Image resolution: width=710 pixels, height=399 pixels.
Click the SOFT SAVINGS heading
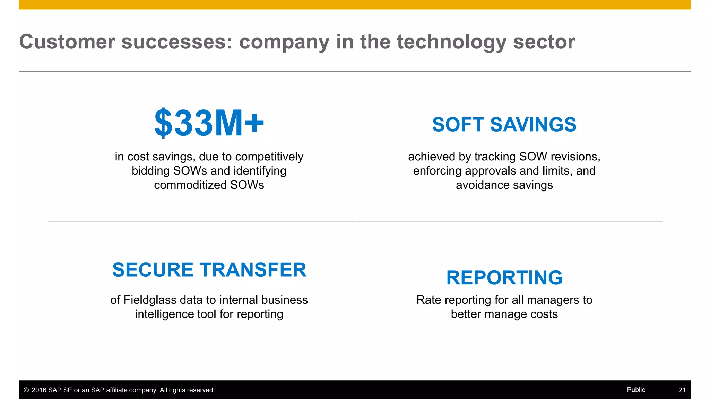(x=504, y=125)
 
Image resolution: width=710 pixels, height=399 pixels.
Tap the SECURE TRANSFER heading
(x=209, y=270)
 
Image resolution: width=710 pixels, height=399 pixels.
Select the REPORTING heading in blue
(x=504, y=278)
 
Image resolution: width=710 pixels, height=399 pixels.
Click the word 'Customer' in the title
(x=67, y=42)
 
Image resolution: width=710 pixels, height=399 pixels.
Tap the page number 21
(x=682, y=390)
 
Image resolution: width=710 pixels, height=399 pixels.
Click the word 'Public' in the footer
(x=636, y=390)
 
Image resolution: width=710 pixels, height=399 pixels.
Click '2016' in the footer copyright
(x=38, y=390)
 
